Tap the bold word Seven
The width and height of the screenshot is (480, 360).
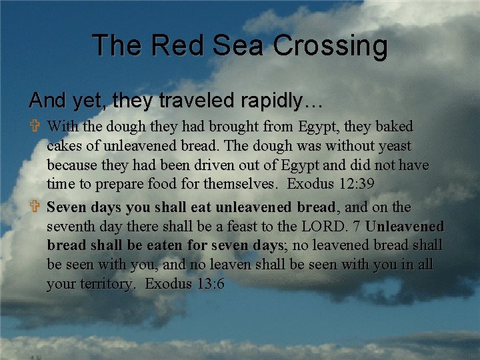(68, 207)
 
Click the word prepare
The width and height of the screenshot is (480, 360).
(111, 183)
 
